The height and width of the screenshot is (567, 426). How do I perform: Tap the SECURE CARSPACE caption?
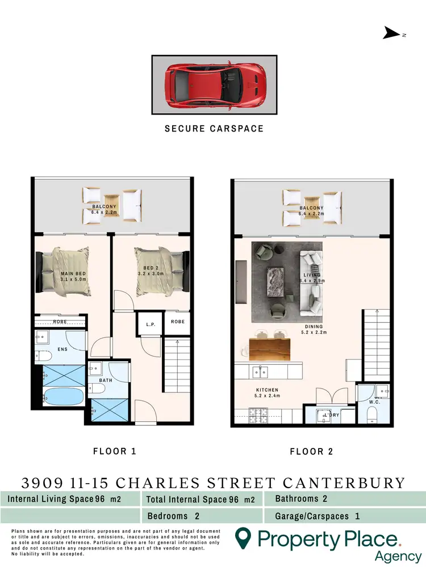click(x=214, y=129)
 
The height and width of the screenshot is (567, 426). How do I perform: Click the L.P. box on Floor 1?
click(x=151, y=325)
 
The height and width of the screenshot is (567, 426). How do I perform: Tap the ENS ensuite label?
click(x=62, y=349)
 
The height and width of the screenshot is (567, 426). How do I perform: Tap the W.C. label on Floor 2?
click(x=373, y=402)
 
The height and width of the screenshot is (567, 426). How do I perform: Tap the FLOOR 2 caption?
click(x=311, y=452)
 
